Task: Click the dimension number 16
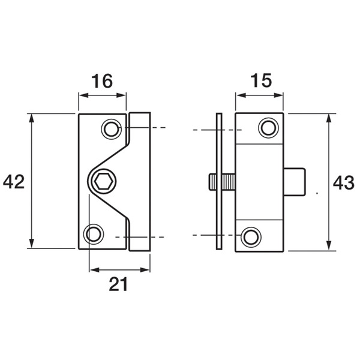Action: click(102, 80)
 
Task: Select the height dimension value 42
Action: click(14, 182)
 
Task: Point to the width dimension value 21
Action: click(118, 286)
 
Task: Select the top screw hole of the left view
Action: click(110, 128)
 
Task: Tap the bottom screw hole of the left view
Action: click(94, 233)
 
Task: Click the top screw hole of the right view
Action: click(268, 128)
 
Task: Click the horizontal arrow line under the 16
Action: click(102, 94)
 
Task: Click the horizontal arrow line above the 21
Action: click(119, 271)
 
